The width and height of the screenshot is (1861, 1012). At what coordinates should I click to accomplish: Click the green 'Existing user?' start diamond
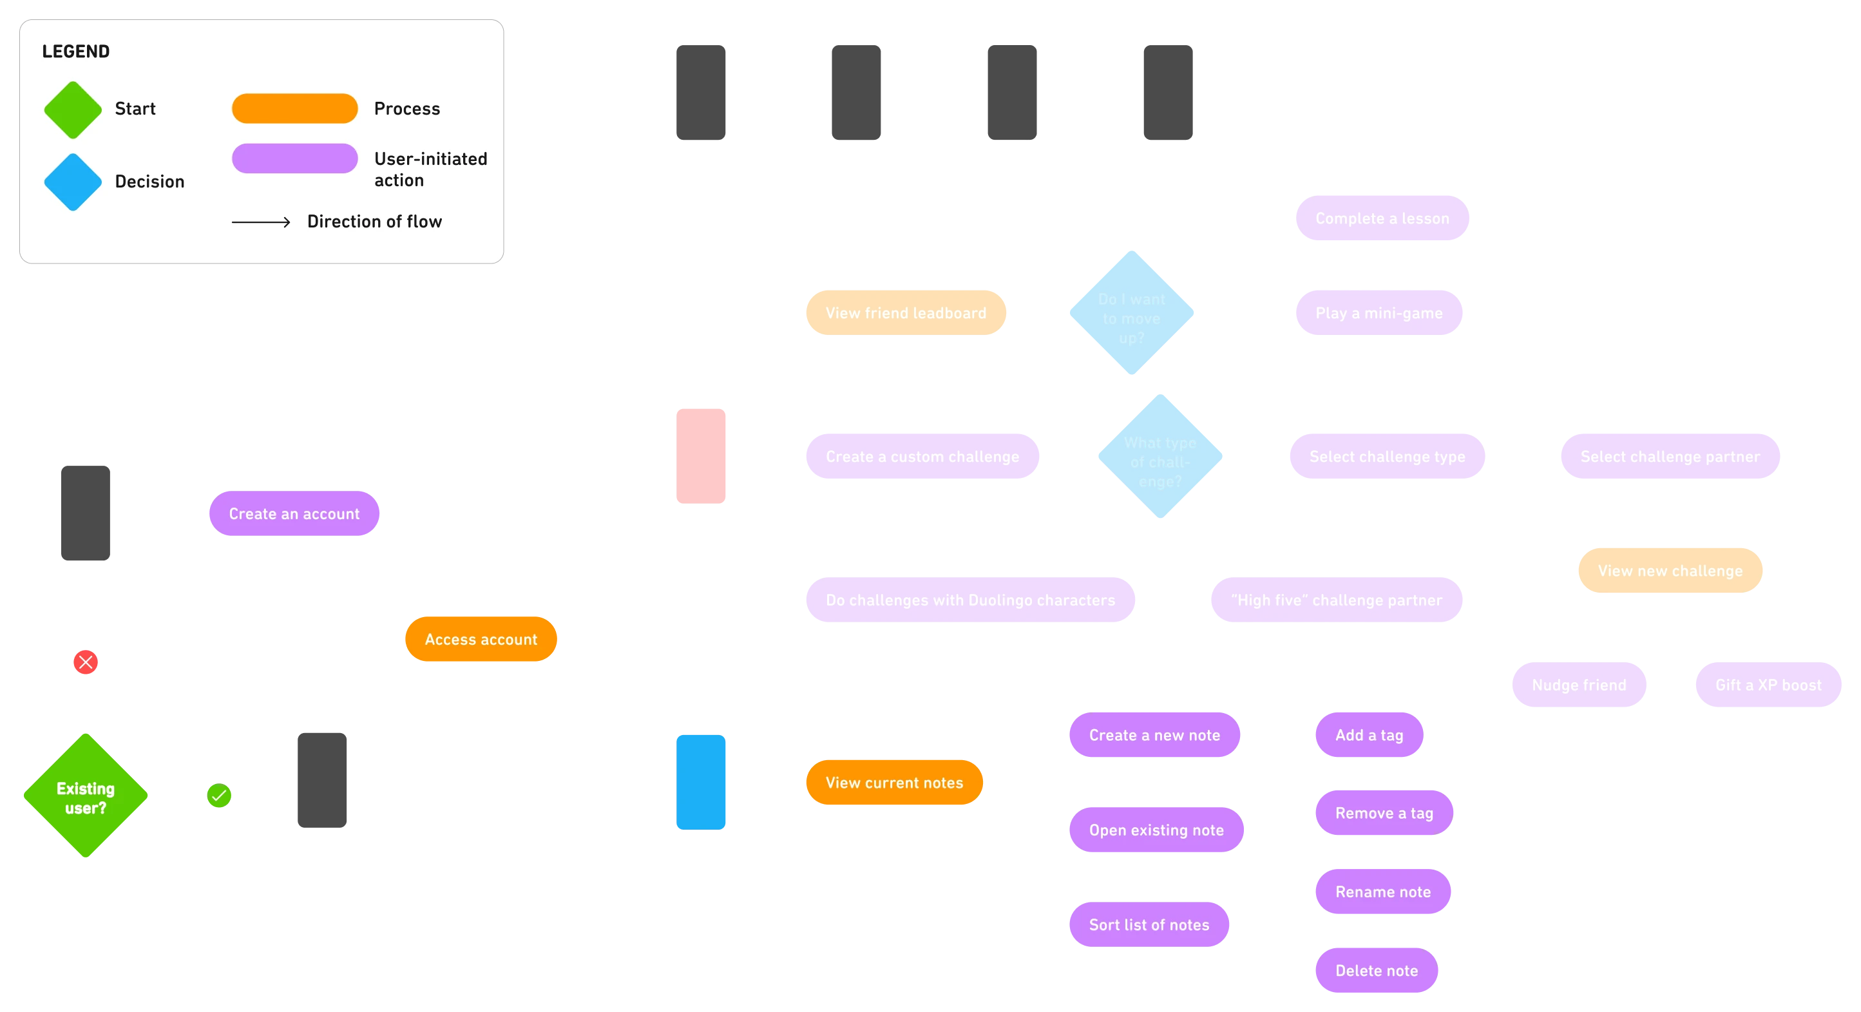point(85,796)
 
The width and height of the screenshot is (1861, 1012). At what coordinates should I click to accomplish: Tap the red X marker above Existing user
point(85,662)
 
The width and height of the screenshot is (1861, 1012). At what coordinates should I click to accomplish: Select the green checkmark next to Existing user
point(218,796)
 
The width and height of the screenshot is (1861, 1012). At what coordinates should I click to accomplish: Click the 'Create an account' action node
point(294,513)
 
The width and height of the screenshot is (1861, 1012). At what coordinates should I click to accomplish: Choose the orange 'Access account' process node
point(481,639)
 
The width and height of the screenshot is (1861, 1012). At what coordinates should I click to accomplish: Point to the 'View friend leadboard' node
point(905,313)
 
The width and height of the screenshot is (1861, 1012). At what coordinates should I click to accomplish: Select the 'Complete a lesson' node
point(1381,218)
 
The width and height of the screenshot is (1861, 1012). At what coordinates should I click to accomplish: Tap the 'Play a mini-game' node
point(1379,313)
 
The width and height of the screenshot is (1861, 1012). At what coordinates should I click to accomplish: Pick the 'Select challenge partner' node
point(1670,457)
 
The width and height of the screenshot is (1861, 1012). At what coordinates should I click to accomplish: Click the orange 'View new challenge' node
point(1670,571)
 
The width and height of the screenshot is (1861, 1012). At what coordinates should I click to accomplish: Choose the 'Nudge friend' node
point(1578,685)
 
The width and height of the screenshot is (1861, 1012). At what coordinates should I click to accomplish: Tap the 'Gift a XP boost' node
point(1768,685)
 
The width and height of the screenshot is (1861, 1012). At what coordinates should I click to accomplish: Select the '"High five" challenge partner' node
point(1336,600)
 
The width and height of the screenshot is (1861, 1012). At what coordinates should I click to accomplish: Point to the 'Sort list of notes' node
point(1149,924)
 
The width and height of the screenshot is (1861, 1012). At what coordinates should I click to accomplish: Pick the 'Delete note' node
point(1375,971)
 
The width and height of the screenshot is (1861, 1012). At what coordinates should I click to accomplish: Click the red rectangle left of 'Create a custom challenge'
point(700,456)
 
